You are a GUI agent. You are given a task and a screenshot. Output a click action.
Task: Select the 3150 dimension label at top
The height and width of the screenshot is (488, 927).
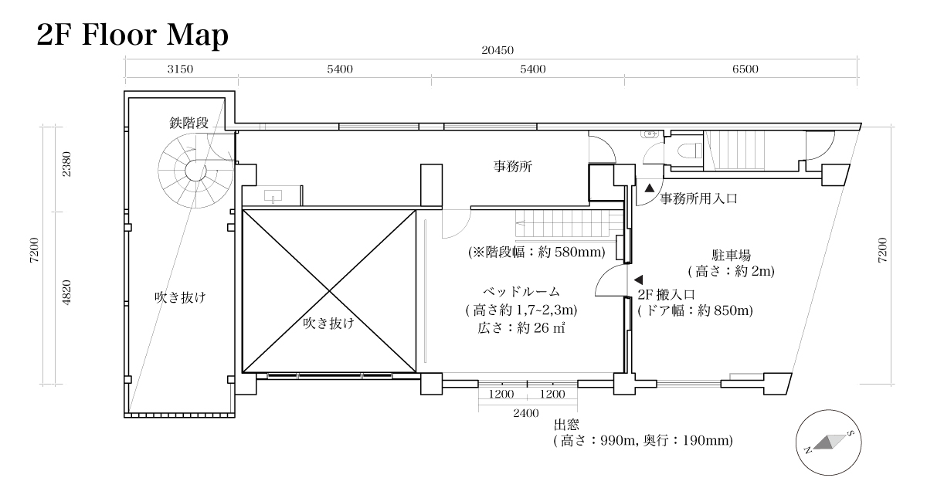(x=180, y=69)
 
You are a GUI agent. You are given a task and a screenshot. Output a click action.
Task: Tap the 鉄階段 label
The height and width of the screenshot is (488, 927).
(x=190, y=123)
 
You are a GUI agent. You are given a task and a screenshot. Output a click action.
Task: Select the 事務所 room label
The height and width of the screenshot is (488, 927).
(x=514, y=166)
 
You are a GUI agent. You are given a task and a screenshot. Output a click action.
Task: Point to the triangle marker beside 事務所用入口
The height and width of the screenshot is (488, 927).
(x=650, y=188)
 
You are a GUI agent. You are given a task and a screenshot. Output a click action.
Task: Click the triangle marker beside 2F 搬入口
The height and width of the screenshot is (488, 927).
(x=638, y=279)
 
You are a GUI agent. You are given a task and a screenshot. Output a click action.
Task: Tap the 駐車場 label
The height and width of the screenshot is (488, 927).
(x=732, y=255)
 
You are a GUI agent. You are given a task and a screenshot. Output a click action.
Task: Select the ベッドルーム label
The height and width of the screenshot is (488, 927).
(x=521, y=292)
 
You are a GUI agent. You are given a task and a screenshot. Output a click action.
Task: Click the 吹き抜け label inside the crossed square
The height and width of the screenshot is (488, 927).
(x=328, y=324)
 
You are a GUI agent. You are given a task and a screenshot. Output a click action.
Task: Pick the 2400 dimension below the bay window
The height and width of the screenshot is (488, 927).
(x=525, y=413)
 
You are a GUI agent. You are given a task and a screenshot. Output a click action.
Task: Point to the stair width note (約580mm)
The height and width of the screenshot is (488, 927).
(x=536, y=252)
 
